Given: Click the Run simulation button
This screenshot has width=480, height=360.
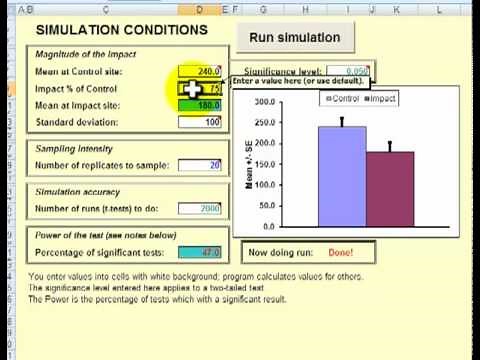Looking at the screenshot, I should tap(294, 38).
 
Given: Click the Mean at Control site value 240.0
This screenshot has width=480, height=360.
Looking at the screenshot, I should tap(200, 72).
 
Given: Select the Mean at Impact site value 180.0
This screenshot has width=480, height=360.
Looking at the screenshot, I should tap(200, 105).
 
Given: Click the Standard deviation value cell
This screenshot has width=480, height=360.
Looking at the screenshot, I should tap(200, 122).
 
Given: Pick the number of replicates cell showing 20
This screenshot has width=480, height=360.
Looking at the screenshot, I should tap(200, 165).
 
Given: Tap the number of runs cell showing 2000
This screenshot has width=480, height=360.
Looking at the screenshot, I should tap(200, 208).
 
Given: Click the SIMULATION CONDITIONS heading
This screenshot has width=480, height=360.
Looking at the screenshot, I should tap(120, 30).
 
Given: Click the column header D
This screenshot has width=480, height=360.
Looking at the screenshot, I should tap(198, 9).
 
